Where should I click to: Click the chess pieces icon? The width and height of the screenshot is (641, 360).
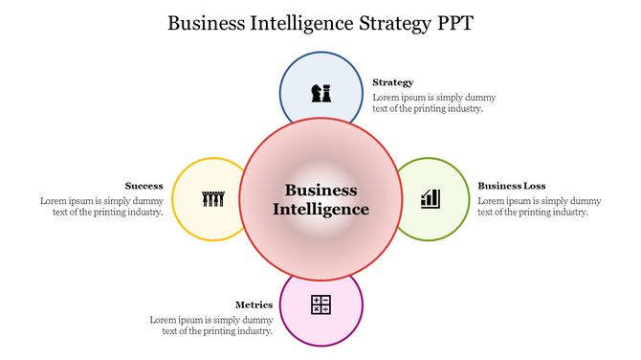click(x=320, y=93)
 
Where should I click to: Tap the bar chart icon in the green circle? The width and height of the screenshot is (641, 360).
click(x=431, y=198)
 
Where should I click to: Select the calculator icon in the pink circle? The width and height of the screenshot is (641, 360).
click(x=320, y=305)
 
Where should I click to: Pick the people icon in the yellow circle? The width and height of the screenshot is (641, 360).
click(x=212, y=199)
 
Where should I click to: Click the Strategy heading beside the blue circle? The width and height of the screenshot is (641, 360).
click(x=393, y=82)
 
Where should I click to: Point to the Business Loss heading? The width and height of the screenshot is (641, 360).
click(x=512, y=186)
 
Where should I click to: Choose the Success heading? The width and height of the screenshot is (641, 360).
click(x=144, y=186)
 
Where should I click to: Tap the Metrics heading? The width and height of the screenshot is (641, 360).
click(x=254, y=304)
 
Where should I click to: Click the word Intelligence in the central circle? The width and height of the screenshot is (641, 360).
click(x=320, y=209)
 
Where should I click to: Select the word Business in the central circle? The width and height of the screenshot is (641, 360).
click(x=320, y=190)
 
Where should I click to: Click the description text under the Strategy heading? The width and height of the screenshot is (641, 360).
click(x=433, y=102)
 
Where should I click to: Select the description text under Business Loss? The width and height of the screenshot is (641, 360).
click(x=539, y=207)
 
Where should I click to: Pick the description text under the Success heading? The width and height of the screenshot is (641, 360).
click(x=101, y=207)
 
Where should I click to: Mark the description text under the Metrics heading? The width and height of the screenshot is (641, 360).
click(x=211, y=326)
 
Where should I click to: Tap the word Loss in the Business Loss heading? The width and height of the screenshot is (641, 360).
click(x=535, y=186)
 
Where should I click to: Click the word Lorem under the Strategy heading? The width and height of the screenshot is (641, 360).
click(x=385, y=98)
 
